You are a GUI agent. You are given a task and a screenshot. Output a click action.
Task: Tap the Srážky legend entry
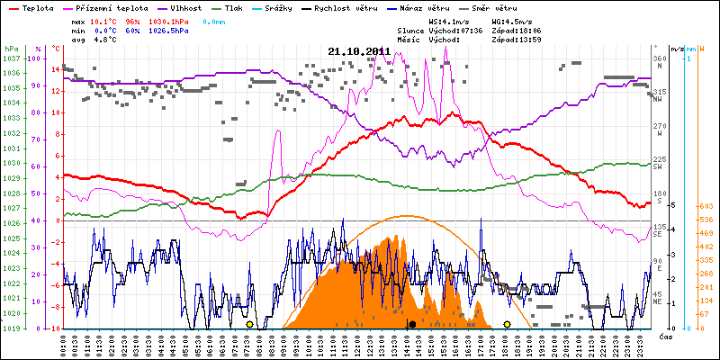point(275,7)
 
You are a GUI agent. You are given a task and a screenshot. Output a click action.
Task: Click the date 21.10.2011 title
point(359,51)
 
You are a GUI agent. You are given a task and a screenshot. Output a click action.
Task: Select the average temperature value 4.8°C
point(103,40)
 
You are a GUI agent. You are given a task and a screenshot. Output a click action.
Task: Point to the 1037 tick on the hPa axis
point(12,58)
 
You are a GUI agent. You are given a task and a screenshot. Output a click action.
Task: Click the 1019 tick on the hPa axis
point(12,328)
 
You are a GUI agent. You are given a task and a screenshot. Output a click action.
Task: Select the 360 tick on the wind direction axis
point(659,58)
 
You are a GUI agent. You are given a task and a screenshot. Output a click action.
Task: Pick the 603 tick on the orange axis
point(706,205)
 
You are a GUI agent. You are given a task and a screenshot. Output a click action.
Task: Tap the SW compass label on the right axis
point(658,166)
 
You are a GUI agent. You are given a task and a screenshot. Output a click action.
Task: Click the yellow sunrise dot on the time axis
point(249,324)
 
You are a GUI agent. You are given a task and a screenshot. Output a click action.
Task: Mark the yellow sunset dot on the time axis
point(507,324)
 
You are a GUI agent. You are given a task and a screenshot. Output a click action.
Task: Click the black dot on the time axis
point(411,324)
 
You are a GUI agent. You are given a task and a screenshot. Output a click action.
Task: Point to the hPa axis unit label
point(11,48)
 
